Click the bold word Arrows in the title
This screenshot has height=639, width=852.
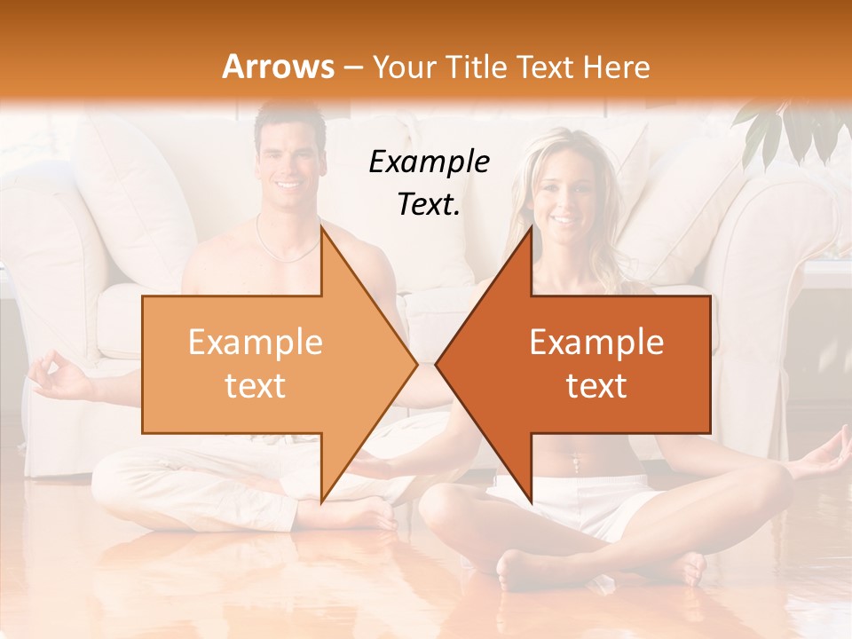[x=279, y=67]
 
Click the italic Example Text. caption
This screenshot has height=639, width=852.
[x=430, y=182]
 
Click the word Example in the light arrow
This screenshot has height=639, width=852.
[x=256, y=343]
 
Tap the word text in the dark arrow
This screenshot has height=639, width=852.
[x=596, y=386]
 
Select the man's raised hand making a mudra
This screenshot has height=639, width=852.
[x=55, y=373]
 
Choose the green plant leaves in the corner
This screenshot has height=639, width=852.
[x=790, y=129]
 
